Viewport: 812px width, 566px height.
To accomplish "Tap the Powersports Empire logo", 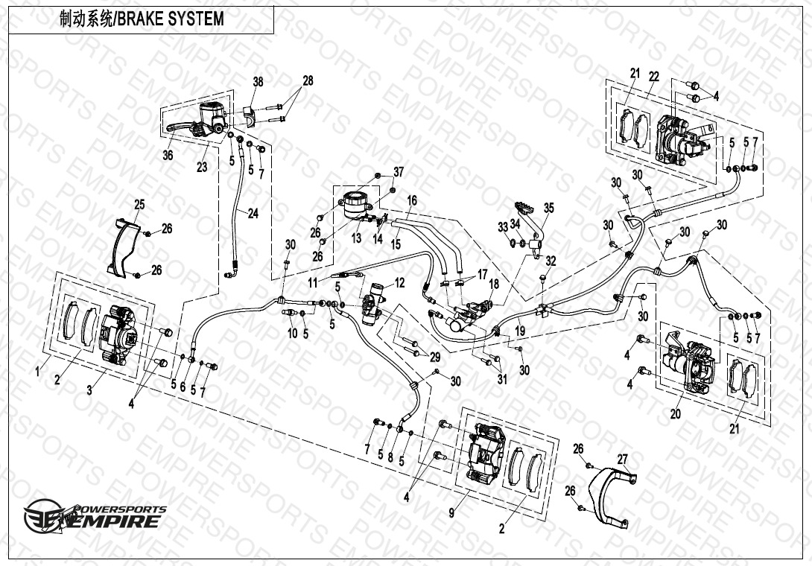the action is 95,515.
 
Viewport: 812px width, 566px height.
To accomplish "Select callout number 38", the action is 258,82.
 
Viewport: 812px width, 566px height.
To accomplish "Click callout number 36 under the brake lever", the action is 168,155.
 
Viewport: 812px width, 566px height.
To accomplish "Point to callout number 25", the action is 139,205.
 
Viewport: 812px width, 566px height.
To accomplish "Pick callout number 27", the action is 623,460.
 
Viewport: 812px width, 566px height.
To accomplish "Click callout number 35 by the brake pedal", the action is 548,209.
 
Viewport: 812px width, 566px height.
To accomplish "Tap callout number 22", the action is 654,77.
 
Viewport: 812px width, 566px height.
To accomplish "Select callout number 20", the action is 675,414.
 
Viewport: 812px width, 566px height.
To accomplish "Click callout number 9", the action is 451,512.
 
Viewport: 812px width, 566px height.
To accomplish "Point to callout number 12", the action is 399,283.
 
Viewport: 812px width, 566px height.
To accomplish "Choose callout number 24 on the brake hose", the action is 253,213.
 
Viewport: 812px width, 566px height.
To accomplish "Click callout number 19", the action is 521,331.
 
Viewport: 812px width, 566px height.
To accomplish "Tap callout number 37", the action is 399,171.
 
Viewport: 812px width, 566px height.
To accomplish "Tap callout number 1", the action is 37,372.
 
